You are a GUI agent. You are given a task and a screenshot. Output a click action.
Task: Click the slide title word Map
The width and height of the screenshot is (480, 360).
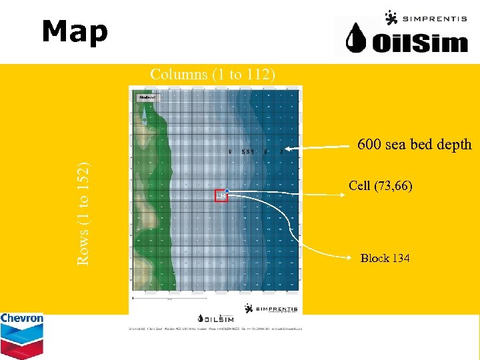coord(74,31)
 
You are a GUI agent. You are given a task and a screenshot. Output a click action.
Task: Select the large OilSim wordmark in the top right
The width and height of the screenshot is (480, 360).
coord(420,43)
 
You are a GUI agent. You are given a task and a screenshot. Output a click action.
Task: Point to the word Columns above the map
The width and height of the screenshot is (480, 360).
coord(179,75)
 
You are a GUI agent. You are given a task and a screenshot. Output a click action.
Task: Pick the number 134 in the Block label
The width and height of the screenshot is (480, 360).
coord(400,259)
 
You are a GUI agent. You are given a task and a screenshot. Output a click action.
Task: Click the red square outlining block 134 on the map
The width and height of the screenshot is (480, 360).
coord(220,195)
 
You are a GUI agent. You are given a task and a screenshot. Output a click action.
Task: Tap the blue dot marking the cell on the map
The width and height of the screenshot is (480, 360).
coord(227,191)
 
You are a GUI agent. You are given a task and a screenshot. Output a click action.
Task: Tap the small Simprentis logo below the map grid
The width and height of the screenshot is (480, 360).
coord(273,308)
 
